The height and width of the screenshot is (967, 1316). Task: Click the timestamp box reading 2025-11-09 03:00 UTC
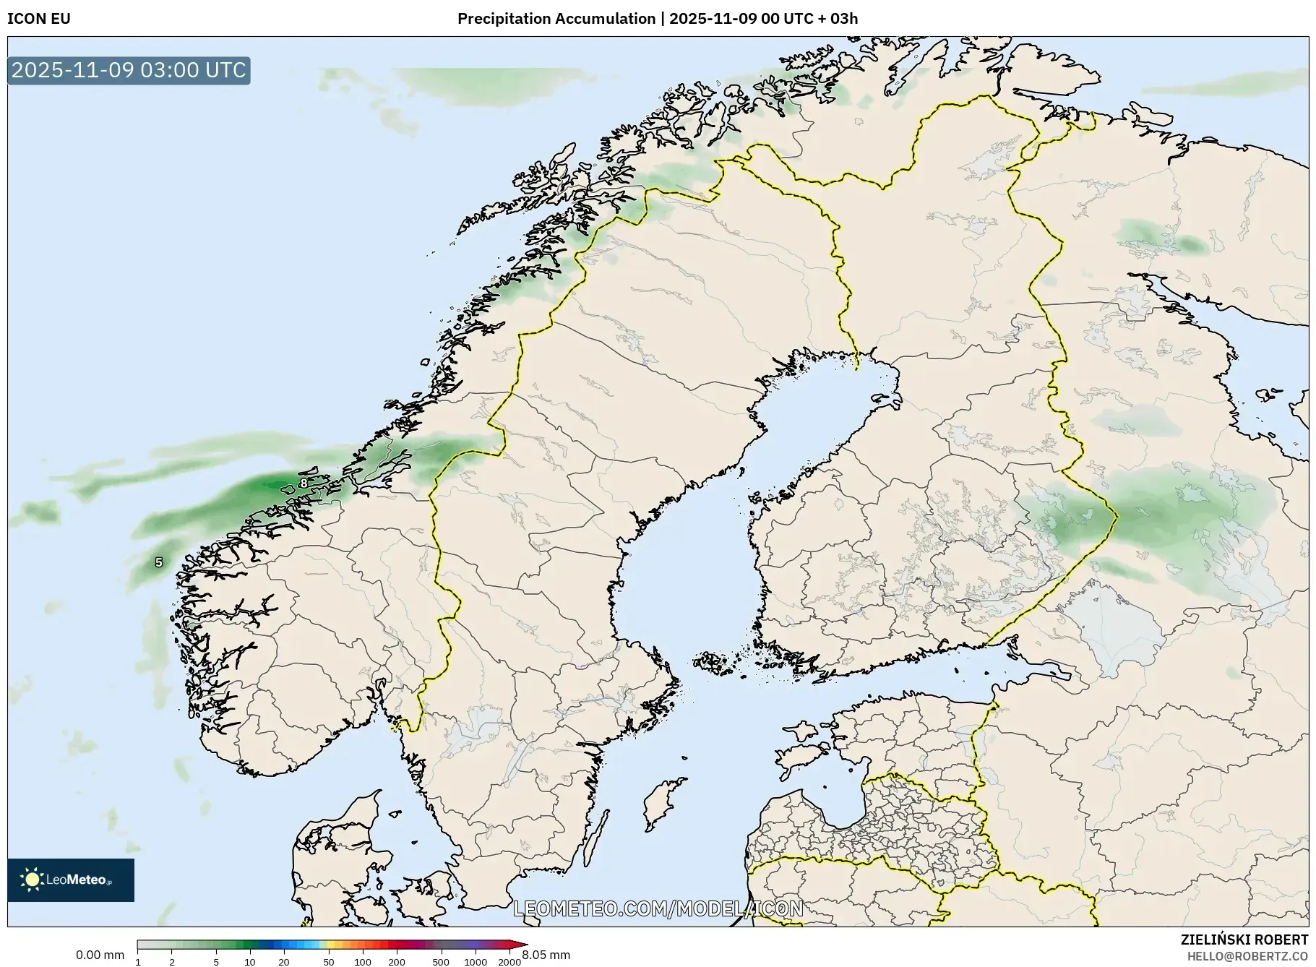[x=129, y=70]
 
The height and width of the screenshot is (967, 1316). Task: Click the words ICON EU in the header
[x=39, y=19]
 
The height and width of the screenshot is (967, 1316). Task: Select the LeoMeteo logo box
[x=71, y=880]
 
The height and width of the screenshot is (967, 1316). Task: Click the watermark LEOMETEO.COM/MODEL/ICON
[x=658, y=908]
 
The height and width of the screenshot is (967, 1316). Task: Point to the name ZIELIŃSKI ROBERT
[x=1244, y=940]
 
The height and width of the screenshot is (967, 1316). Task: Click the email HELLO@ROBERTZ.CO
[x=1247, y=956]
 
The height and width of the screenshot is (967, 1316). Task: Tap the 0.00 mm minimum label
[x=100, y=955]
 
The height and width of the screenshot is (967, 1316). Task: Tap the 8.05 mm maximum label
[x=546, y=955]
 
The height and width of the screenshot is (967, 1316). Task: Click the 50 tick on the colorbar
[x=329, y=961]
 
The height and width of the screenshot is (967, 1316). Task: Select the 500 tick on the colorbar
[x=441, y=961]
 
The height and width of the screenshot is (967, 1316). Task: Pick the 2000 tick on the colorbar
[x=509, y=961]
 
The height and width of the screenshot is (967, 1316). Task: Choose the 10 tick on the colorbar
[x=250, y=961]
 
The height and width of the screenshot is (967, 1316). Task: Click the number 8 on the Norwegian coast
[x=304, y=483]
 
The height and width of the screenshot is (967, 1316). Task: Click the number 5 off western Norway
[x=159, y=562]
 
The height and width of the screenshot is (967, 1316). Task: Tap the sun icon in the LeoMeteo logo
[x=32, y=880]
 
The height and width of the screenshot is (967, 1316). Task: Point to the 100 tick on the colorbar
[x=363, y=961]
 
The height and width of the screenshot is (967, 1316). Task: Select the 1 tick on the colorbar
[x=138, y=961]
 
